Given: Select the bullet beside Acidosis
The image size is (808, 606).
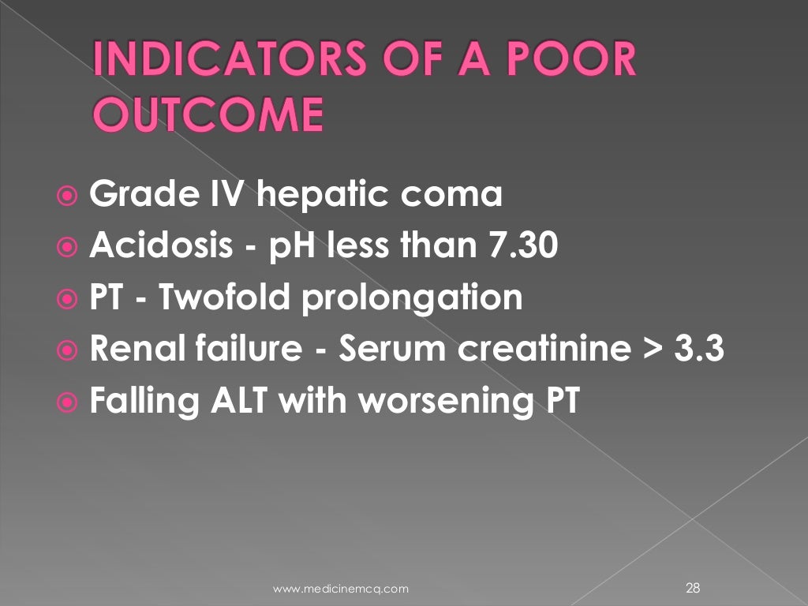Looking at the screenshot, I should click(x=68, y=248).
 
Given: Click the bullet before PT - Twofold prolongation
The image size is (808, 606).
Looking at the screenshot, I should click(x=68, y=300).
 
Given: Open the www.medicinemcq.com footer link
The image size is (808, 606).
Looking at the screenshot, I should click(x=341, y=588).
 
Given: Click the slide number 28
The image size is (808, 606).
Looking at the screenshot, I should click(x=694, y=587).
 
